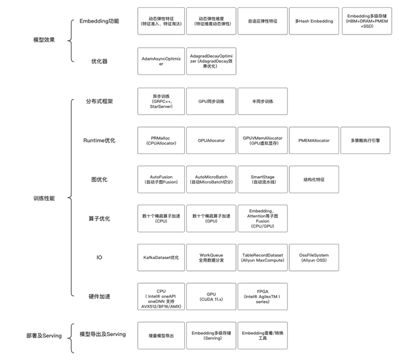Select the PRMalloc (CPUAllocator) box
coord(161,141)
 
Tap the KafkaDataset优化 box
coord(161,257)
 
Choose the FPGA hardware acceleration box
coord(263,296)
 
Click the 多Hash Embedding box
coord(314,21)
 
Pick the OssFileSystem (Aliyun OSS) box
coord(314,257)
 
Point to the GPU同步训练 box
coord(211,102)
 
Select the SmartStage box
coord(263,179)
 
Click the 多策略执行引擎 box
coord(364,141)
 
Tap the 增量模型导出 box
coord(161,336)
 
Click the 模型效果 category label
coord(44,40)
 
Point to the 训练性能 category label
coord(44,199)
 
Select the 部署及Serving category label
coord(44,335)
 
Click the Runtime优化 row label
coord(99,141)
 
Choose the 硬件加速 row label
coord(99,296)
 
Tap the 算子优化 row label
coord(99,219)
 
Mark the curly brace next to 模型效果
coord(72,41)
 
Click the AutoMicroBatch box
coord(211,179)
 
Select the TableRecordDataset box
coord(263,257)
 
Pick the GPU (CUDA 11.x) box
coord(211,296)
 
